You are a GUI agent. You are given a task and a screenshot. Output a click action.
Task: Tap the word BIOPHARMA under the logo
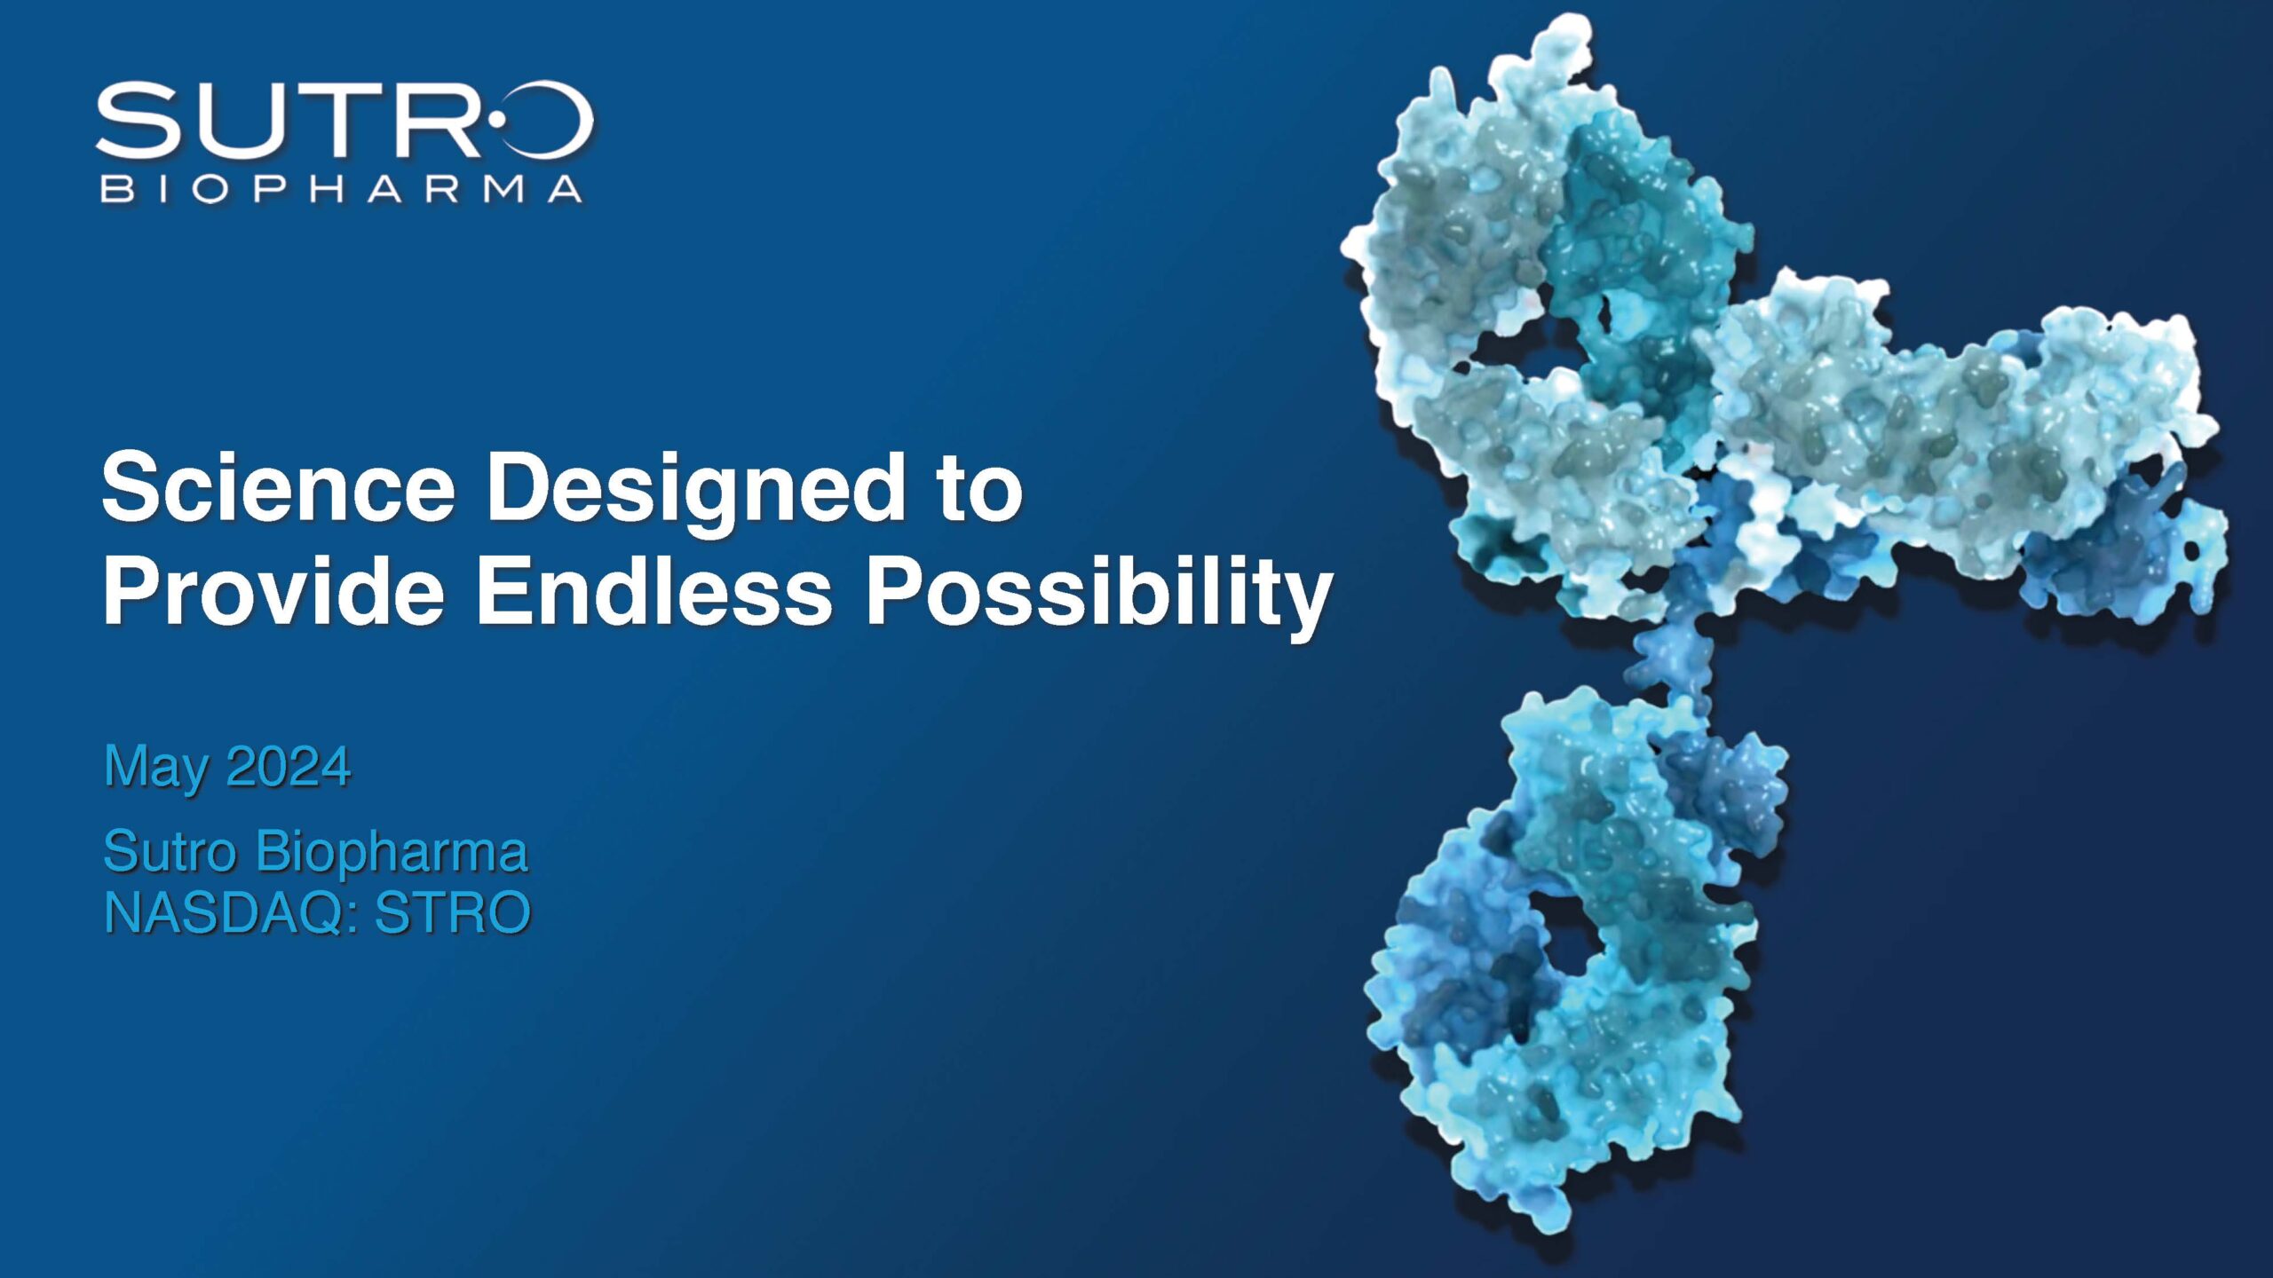342,189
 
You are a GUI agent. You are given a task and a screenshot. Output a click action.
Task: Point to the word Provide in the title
273,589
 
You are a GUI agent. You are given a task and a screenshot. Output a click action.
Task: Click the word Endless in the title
653,589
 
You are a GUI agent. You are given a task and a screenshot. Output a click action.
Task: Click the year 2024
289,766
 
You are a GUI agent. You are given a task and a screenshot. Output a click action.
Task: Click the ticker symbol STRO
453,912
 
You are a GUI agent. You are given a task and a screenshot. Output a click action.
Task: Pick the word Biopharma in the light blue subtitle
392,851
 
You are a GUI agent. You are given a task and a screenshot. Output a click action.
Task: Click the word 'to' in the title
980,488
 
